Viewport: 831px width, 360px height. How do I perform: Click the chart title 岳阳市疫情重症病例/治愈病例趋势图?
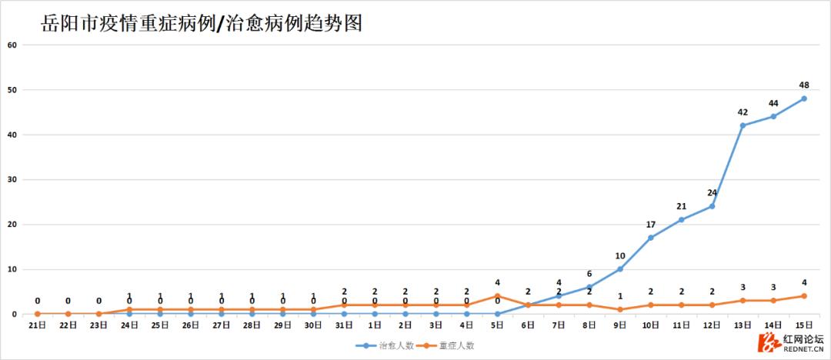tap(202, 24)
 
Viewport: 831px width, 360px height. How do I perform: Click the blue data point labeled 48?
tap(804, 98)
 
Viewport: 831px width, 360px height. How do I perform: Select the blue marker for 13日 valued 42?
tap(743, 125)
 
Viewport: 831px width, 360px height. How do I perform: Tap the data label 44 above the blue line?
tap(773, 103)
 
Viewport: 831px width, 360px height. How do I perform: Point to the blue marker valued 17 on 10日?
tap(651, 238)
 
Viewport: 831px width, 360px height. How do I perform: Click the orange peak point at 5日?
tap(497, 296)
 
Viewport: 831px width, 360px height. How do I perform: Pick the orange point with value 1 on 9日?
tap(620, 309)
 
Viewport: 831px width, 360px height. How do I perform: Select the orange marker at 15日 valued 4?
tap(804, 296)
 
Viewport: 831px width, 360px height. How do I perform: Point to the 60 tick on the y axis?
tap(12, 45)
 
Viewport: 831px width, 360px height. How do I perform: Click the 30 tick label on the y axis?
tap(12, 179)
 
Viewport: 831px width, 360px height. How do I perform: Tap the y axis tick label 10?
tap(12, 269)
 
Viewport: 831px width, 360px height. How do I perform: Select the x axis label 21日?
tap(37, 325)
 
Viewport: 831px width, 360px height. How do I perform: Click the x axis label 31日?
tap(344, 325)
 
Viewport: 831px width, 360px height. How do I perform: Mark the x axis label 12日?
tap(712, 325)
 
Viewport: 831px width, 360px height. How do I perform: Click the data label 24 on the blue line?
tap(712, 192)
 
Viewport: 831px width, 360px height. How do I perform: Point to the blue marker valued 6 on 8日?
tap(589, 287)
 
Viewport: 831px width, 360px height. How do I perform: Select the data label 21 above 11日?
tap(681, 206)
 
